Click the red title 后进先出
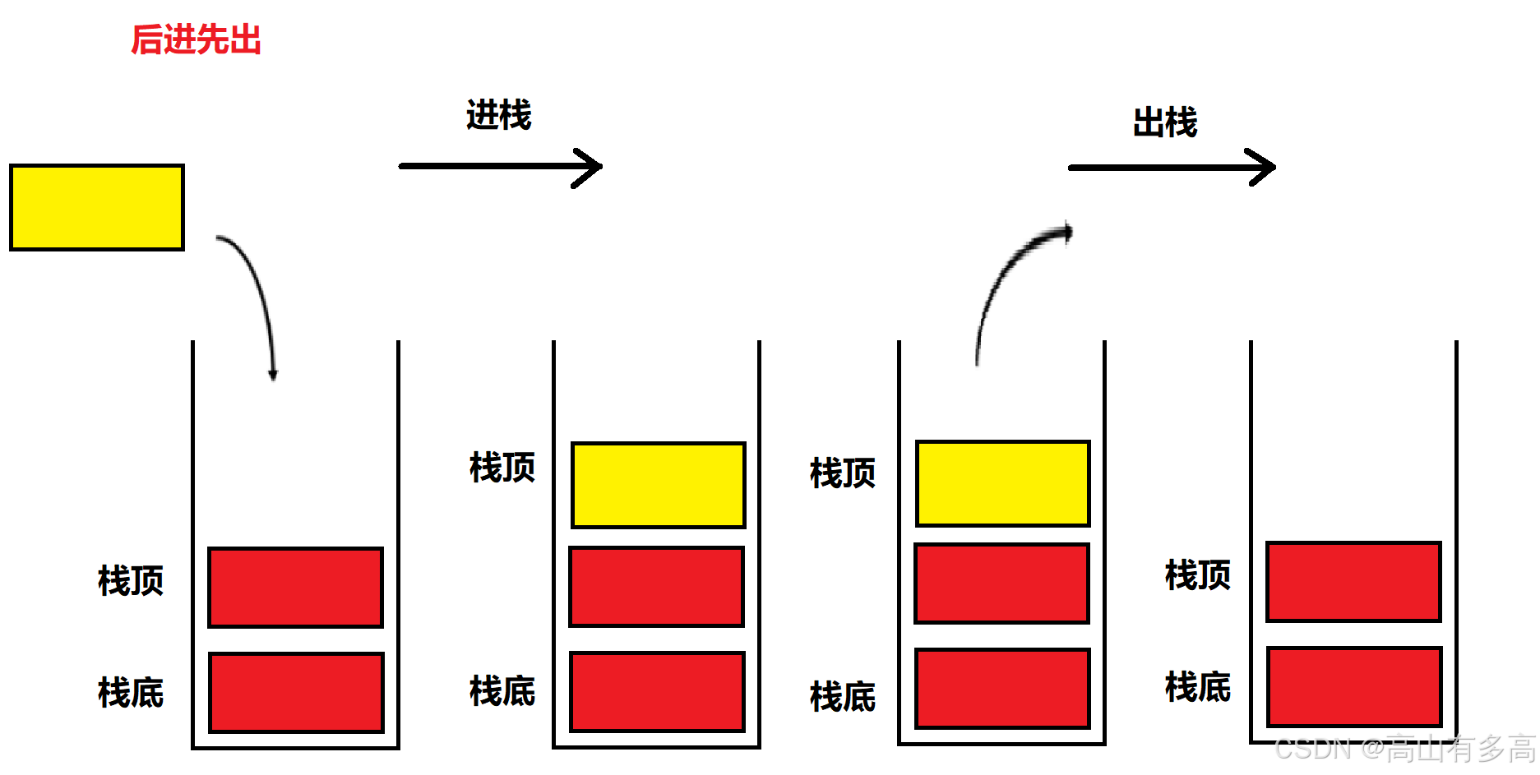pos(196,39)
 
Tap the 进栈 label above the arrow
pos(498,114)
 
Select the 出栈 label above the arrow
pos(1164,122)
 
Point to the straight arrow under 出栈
pos(1171,168)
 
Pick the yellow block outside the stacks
pos(97,207)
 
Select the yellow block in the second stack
pos(658,485)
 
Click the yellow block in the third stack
pos(1002,483)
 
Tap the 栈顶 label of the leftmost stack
pos(131,580)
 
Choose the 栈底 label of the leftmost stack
pos(131,692)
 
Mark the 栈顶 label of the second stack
pos(502,468)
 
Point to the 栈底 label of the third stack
pos(842,697)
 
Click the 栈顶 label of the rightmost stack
pos(1197,574)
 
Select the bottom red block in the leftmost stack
pos(296,692)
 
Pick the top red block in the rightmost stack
pos(1353,581)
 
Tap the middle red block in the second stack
pos(656,587)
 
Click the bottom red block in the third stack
pos(1001,689)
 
